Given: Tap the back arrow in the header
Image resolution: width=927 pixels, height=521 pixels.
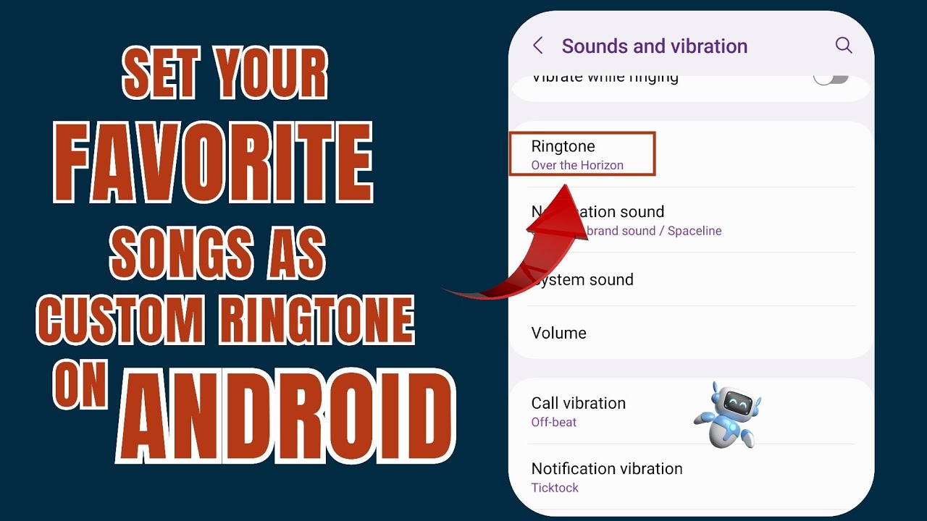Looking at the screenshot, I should pyautogui.click(x=537, y=46).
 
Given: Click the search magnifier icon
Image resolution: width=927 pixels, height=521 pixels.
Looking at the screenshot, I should pyautogui.click(x=843, y=46).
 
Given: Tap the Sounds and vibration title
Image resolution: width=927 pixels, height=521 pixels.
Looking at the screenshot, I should pyautogui.click(x=654, y=46).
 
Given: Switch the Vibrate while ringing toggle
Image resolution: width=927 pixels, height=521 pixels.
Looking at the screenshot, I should pyautogui.click(x=830, y=77).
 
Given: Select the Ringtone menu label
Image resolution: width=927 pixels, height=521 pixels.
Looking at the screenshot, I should pyautogui.click(x=563, y=146).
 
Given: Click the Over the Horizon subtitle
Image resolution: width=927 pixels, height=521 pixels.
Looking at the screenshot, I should pyautogui.click(x=577, y=166).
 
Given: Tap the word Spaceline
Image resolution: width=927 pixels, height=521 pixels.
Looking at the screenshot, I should pyautogui.click(x=695, y=231).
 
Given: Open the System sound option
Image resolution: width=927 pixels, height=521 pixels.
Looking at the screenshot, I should pyautogui.click(x=587, y=280).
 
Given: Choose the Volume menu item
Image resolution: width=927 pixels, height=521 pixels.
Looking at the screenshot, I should pyautogui.click(x=558, y=334).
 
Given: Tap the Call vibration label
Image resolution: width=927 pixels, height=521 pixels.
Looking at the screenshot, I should pyautogui.click(x=578, y=403).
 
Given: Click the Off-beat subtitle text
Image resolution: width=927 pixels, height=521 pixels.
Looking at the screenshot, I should pyautogui.click(x=554, y=423).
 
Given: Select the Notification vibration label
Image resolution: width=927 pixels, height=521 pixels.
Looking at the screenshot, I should pyautogui.click(x=606, y=469).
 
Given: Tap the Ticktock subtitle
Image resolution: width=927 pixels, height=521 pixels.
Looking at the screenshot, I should pyautogui.click(x=555, y=488).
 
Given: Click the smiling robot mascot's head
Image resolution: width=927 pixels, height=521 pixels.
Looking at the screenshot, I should pyautogui.click(x=729, y=401).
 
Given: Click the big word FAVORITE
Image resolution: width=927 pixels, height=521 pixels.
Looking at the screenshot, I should pyautogui.click(x=213, y=164).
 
